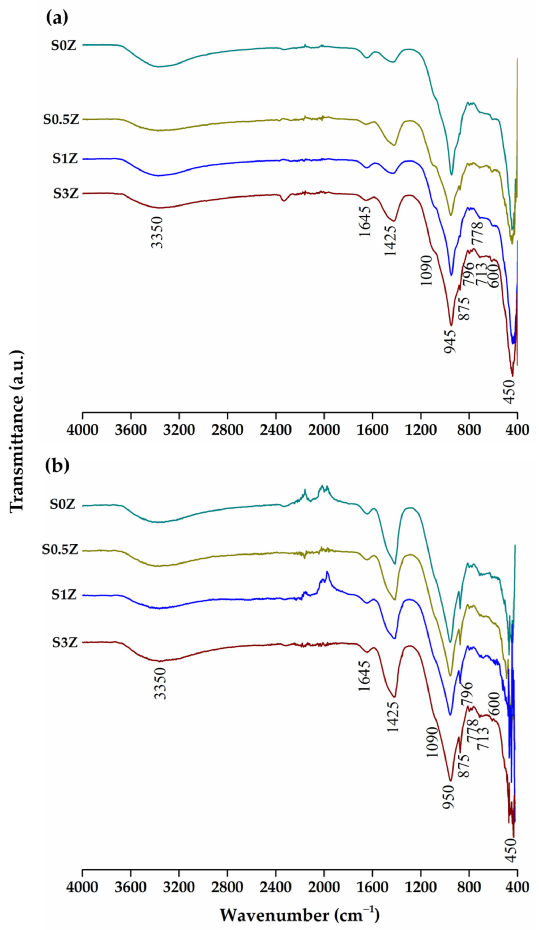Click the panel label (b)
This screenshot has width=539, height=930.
point(57,466)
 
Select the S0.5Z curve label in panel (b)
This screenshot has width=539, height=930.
point(60,550)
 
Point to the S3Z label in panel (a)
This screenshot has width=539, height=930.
point(65,194)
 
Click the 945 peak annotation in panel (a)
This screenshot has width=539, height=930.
point(450,341)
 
